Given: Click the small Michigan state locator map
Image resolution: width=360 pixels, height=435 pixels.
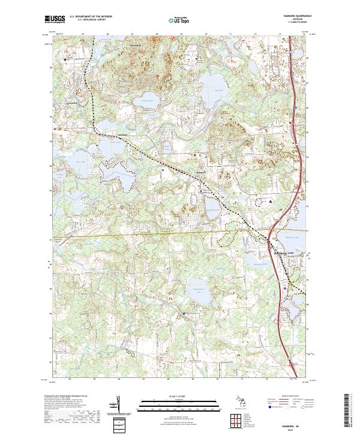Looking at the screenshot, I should [x=242, y=403].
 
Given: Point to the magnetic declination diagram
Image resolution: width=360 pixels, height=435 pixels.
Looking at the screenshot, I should [x=117, y=404].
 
